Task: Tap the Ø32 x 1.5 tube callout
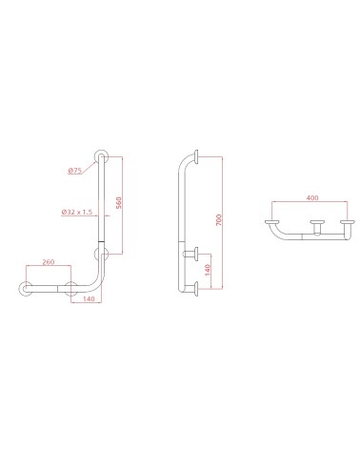coord(71,212)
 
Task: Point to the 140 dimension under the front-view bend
coord(88,299)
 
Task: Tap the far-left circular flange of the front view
coord(26,290)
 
